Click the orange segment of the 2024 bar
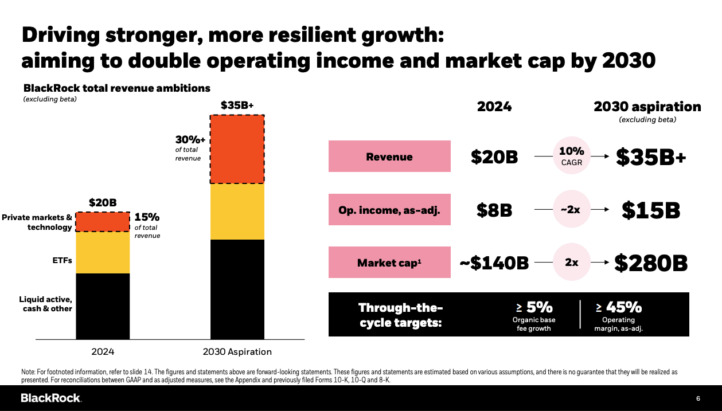coord(103,222)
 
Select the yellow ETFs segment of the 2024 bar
coord(103,252)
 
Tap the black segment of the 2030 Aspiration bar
coord(237,289)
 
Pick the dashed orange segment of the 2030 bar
coord(237,149)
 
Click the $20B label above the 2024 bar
coord(103,203)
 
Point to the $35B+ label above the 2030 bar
coord(237,105)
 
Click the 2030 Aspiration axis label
coord(237,351)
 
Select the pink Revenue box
coord(389,156)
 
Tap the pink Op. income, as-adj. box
coord(389,210)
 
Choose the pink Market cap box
coord(389,263)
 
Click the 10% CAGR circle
coord(571,156)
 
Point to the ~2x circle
coord(571,210)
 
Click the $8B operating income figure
coord(494,210)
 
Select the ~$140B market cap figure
coord(494,263)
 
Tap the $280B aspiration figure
coord(650,263)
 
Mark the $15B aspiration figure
coord(650,210)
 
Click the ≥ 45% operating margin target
coord(618,314)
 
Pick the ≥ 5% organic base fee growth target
coord(533,314)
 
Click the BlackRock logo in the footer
coord(51,398)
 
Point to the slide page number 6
coord(698,398)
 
